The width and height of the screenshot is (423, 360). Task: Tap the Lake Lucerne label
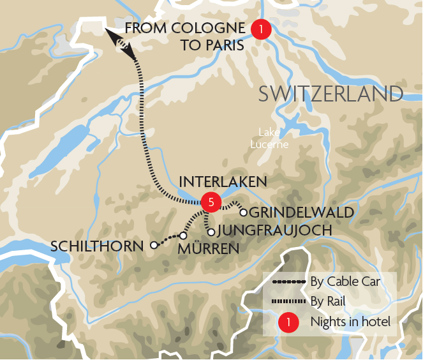274,138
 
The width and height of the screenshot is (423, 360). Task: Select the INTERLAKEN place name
223,182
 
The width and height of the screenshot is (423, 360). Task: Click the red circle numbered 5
211,202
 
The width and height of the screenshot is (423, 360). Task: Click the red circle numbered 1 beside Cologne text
260,29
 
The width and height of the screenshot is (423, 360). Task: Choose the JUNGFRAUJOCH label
275,230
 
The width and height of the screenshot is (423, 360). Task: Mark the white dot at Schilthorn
154,244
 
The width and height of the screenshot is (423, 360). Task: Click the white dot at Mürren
182,236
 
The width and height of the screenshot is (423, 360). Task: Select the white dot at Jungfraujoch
211,232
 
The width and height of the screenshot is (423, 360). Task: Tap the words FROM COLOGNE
185,28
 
